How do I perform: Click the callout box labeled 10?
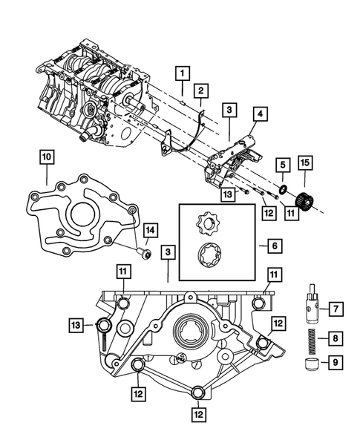coord(46,157)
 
